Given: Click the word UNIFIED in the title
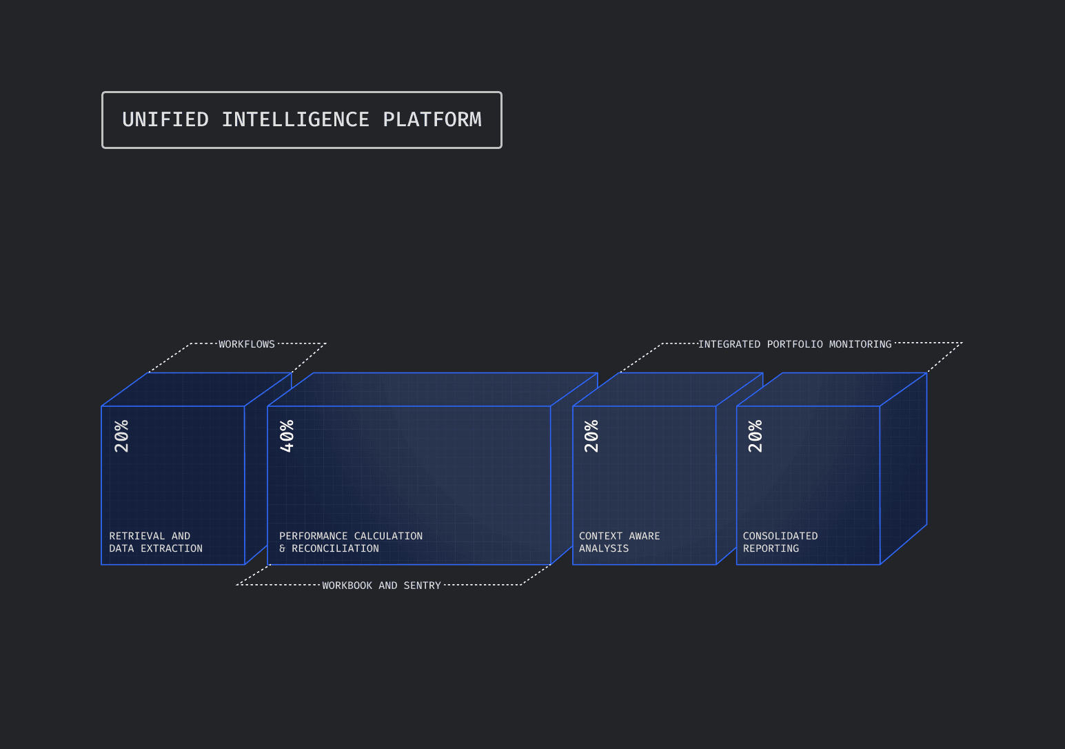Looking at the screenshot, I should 165,119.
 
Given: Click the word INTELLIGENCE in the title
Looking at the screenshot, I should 295,119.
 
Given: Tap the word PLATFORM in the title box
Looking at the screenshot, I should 432,119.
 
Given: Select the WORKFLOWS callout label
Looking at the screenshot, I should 247,344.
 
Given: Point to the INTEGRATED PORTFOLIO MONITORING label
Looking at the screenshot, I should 795,344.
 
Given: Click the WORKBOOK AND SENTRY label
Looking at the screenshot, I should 381,586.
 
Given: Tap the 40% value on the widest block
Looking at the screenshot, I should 287,436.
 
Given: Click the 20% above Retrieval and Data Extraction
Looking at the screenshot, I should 122,436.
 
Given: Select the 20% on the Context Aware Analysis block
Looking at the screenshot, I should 591,436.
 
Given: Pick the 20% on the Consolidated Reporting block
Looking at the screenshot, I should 755,436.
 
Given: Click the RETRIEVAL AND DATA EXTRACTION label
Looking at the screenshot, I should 156,542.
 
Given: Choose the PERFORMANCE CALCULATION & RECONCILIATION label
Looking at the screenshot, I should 351,542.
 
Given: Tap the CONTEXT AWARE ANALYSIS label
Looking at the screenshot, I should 619,542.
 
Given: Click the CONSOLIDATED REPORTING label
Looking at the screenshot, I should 780,542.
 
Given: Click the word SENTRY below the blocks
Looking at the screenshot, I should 422,586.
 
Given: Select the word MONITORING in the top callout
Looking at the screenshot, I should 860,344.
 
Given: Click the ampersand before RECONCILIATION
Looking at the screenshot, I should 283,549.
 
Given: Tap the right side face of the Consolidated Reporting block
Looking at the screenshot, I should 904,469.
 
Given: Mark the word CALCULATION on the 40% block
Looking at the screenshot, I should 388,536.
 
